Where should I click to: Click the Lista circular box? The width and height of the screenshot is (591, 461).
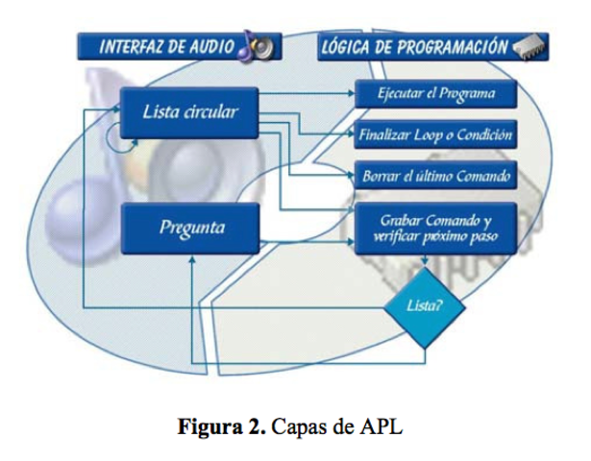point(189,111)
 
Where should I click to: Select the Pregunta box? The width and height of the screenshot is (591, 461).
point(189,228)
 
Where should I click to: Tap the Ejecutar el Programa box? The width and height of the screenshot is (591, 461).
point(435,94)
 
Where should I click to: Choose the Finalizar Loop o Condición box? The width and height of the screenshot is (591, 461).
point(435,135)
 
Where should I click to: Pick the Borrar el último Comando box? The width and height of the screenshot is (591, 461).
point(435,177)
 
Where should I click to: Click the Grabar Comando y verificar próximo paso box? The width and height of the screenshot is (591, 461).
point(435,228)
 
